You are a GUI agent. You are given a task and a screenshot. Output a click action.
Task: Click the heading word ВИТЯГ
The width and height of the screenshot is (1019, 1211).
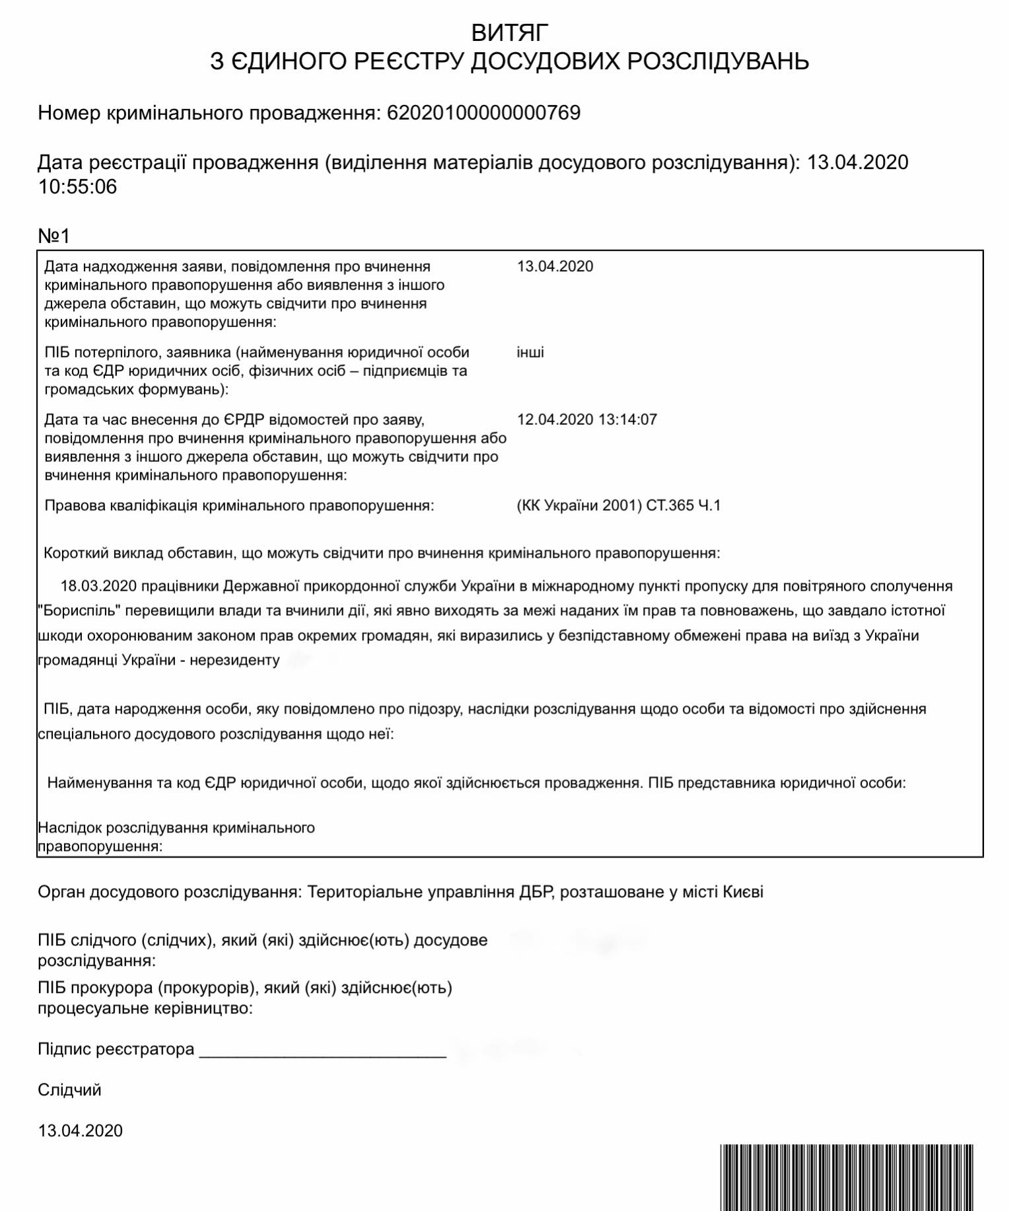(509, 32)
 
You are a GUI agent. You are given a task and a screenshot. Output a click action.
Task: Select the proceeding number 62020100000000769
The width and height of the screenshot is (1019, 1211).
(483, 113)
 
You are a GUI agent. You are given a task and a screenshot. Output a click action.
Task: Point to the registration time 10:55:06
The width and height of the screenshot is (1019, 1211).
(77, 187)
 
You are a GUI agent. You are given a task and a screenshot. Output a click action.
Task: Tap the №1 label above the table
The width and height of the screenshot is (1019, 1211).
(53, 236)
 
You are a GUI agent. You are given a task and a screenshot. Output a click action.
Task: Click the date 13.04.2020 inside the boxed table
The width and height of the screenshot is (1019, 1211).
(555, 266)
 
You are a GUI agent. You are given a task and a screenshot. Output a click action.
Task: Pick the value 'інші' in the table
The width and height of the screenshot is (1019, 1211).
(530, 352)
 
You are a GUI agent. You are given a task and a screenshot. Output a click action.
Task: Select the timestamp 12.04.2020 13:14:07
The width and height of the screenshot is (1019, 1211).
(586, 420)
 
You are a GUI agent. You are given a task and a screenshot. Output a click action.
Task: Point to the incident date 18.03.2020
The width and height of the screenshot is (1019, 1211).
(98, 586)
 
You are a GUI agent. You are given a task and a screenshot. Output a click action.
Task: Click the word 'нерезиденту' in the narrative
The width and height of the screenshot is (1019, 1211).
(234, 660)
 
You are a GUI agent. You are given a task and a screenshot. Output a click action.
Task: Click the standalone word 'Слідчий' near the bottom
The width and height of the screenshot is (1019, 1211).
(69, 1089)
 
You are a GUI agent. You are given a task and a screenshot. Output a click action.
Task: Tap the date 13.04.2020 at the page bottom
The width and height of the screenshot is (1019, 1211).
(80, 1130)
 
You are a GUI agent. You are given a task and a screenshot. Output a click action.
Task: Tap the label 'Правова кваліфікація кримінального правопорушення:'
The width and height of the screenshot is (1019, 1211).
(239, 505)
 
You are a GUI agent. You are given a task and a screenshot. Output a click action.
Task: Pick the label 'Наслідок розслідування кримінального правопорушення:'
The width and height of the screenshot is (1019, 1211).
(176, 836)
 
